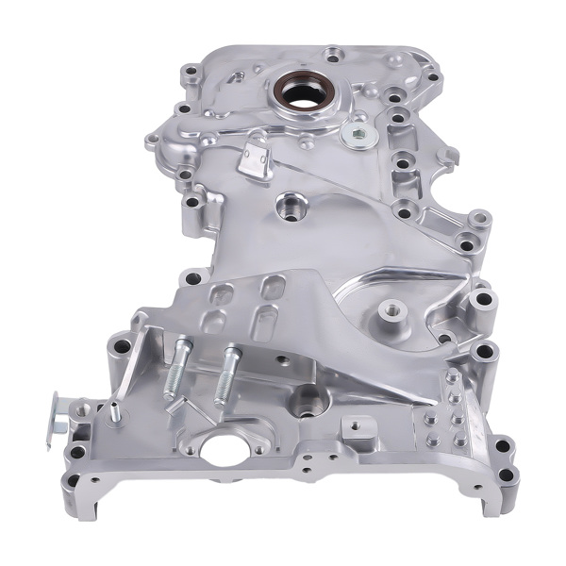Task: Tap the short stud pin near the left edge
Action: [115, 411]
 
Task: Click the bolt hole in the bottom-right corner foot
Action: [507, 474]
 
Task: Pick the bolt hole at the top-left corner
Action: [190, 71]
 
